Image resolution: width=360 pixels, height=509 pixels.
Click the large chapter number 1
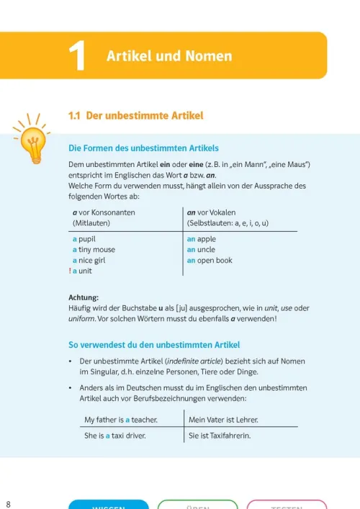click(x=77, y=56)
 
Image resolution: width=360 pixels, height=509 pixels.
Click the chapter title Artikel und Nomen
click(x=169, y=55)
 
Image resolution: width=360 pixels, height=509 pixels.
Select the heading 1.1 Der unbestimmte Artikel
click(x=135, y=115)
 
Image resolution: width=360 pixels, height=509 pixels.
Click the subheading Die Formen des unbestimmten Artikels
click(x=143, y=148)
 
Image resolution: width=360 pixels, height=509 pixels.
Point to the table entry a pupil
click(x=84, y=238)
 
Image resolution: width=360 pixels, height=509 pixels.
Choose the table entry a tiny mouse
click(x=94, y=250)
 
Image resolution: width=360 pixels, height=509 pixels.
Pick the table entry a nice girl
click(x=89, y=261)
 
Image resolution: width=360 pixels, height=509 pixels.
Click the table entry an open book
click(x=210, y=261)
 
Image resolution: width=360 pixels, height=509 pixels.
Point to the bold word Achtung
click(x=84, y=297)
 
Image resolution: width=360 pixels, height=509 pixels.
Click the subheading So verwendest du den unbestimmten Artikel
click(x=154, y=345)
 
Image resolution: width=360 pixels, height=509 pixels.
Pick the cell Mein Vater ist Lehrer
click(x=223, y=419)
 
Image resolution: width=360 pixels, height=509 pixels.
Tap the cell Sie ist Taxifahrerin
click(x=220, y=435)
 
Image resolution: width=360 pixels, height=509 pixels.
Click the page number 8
click(x=8, y=503)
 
